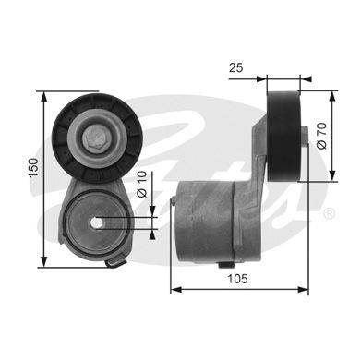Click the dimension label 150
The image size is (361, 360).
point(34,167)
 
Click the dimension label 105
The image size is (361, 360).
point(237,279)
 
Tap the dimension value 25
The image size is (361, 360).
point(236,67)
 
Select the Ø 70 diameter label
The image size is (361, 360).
point(321,136)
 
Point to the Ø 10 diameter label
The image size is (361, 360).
point(142,185)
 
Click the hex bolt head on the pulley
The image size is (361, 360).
point(95,138)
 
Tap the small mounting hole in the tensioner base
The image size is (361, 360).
point(97,222)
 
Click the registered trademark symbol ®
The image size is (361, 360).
point(329,213)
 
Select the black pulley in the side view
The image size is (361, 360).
point(283,136)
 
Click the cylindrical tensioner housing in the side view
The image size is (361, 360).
point(205,222)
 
